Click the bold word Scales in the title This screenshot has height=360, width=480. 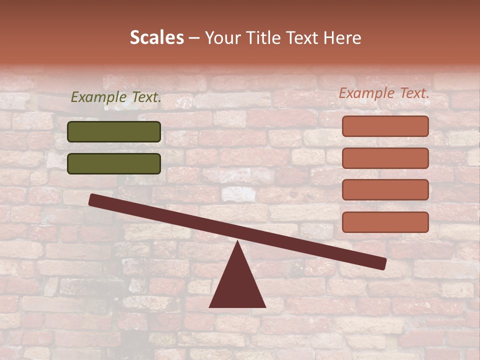pos(156,37)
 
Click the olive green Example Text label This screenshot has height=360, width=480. pos(116,97)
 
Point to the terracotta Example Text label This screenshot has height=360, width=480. pos(384,93)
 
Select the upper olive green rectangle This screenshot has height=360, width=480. pos(114,131)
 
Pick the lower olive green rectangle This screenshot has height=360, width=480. pos(114,163)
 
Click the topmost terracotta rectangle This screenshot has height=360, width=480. pos(385,126)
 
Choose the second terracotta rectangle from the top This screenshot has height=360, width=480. pos(385,158)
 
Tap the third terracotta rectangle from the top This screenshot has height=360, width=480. pos(385,190)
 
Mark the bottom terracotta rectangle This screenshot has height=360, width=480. pos(385,222)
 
